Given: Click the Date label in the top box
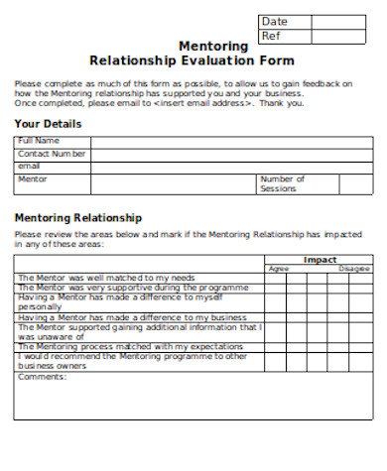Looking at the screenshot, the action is [x=274, y=22].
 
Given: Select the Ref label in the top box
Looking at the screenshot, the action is [x=271, y=36].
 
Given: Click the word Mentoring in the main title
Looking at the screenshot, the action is [x=212, y=46].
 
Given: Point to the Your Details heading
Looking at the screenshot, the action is [x=48, y=124].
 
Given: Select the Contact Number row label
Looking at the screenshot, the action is [x=53, y=154].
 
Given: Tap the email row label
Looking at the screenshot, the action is [x=30, y=166].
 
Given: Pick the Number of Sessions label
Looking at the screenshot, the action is [x=283, y=183].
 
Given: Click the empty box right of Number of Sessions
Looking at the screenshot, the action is [x=355, y=183].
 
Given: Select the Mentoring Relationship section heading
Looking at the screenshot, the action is [x=78, y=217].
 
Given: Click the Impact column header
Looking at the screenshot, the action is [x=320, y=260].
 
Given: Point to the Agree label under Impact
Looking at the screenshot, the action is [x=279, y=269].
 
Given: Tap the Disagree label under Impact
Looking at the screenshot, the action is [x=354, y=269].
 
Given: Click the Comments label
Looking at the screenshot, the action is [x=42, y=376].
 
